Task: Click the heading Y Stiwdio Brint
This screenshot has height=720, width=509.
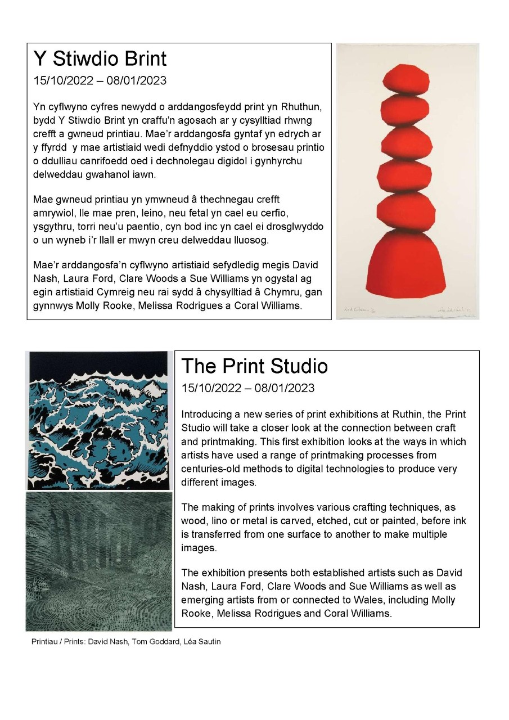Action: pyautogui.click(x=100, y=59)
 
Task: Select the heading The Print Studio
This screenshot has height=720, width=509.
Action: pyautogui.click(x=254, y=366)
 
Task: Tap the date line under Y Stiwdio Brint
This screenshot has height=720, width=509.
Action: pyautogui.click(x=100, y=80)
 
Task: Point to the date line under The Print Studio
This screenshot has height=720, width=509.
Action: pyautogui.click(x=248, y=388)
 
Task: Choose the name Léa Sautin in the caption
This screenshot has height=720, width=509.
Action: pyautogui.click(x=200, y=642)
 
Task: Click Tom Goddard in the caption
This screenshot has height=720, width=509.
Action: pyautogui.click(x=154, y=642)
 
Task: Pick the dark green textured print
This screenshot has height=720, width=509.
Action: pyautogui.click(x=99, y=561)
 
